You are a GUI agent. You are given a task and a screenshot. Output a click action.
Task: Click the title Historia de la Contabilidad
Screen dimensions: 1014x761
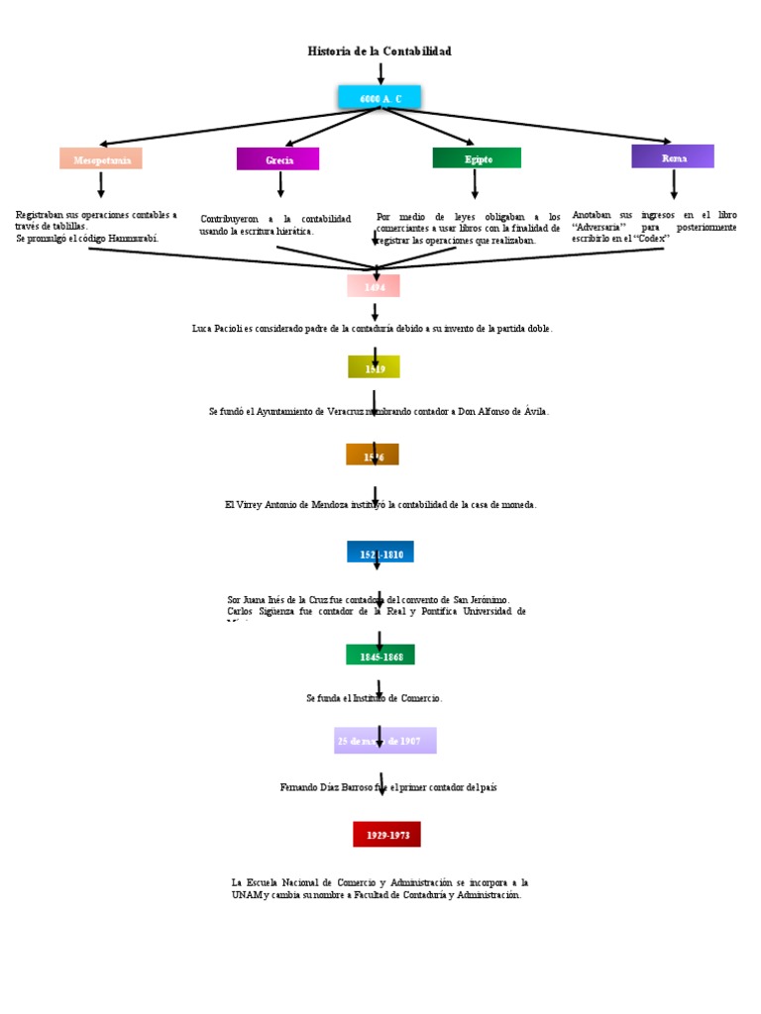pyautogui.click(x=380, y=51)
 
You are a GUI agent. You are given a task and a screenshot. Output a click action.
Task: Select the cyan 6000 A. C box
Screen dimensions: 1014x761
pyautogui.click(x=380, y=98)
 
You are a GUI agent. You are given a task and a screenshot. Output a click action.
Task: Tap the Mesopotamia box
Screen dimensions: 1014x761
pyautogui.click(x=101, y=158)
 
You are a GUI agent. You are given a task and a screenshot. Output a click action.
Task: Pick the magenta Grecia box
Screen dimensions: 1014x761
pyautogui.click(x=278, y=159)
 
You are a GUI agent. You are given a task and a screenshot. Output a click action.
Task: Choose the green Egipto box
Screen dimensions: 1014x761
pyautogui.click(x=477, y=158)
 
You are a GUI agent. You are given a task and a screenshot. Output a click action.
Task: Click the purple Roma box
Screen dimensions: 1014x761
pyautogui.click(x=673, y=156)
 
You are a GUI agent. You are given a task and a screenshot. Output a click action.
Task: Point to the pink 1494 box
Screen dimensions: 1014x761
pyautogui.click(x=374, y=286)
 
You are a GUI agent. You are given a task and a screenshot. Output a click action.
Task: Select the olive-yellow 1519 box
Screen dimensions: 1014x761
pyautogui.click(x=374, y=367)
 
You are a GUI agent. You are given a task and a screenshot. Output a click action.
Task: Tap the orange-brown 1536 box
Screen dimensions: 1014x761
pyautogui.click(x=373, y=456)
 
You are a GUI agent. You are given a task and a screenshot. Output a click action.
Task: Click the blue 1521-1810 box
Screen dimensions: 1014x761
pyautogui.click(x=380, y=553)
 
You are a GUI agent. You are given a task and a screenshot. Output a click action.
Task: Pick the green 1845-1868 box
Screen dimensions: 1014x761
pyautogui.click(x=380, y=656)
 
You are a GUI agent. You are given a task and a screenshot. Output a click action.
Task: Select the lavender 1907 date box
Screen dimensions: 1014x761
pyautogui.click(x=384, y=741)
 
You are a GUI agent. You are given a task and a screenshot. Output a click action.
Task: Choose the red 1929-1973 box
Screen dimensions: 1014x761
pyautogui.click(x=386, y=835)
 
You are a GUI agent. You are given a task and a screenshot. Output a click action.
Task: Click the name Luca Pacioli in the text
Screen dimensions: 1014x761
pyautogui.click(x=218, y=329)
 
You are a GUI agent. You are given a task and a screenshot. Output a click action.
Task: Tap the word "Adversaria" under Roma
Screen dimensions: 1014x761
pyautogui.click(x=598, y=227)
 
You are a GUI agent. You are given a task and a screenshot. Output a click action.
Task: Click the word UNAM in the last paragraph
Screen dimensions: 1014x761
pyautogui.click(x=246, y=895)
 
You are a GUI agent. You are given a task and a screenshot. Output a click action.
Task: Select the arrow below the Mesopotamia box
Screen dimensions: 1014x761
pyautogui.click(x=101, y=184)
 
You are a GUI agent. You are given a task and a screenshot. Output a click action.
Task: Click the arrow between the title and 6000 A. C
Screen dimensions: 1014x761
pyautogui.click(x=380, y=73)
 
